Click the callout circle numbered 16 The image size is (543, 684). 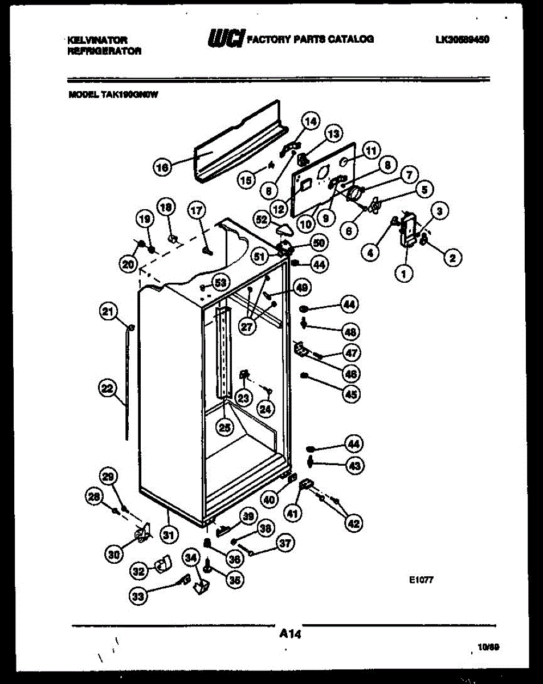coord(162,168)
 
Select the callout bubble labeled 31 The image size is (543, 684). coord(168,535)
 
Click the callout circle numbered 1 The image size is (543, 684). coord(404,275)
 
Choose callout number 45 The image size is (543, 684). coord(352,393)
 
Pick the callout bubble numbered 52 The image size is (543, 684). coord(263,219)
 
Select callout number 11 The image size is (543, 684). coord(371,151)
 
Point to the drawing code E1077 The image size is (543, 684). coord(422,581)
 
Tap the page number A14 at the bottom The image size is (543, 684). coord(290,633)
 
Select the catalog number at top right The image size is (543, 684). coord(462,39)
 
